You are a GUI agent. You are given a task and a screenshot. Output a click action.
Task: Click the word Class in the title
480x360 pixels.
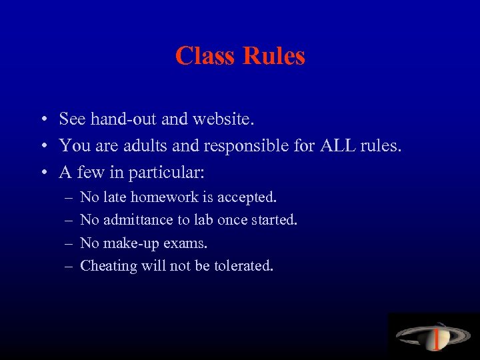(206, 55)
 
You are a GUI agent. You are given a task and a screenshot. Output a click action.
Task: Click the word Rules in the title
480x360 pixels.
(274, 55)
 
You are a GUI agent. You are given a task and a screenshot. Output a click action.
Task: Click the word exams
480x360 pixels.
(179, 243)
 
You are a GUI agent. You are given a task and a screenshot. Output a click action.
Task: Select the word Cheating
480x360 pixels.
(108, 266)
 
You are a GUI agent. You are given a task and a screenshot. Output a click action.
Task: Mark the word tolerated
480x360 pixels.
(244, 266)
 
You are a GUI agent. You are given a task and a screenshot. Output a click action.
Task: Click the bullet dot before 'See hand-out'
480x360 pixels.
(42, 121)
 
